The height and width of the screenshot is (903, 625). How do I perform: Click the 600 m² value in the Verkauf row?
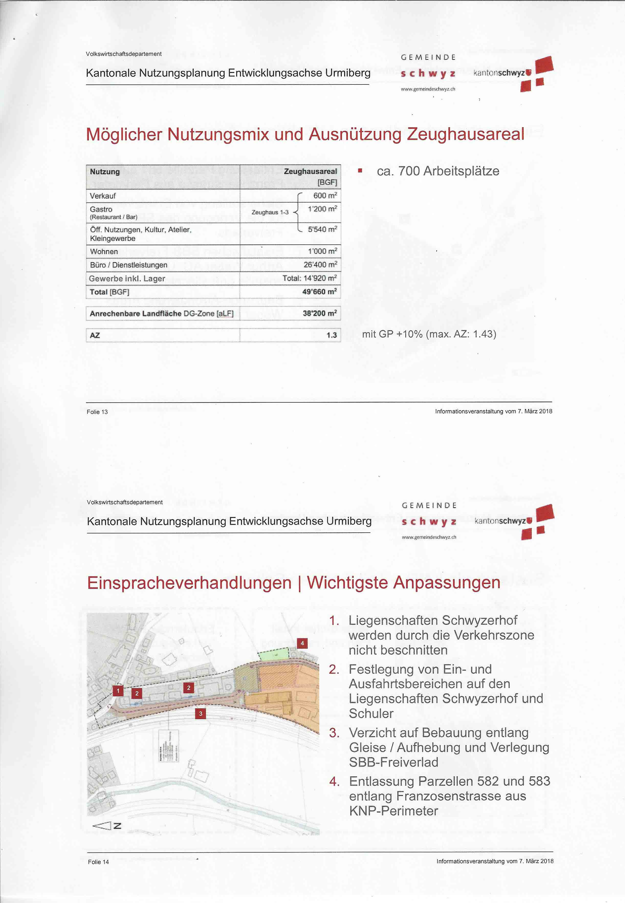(x=325, y=196)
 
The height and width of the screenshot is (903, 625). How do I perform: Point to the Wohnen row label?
(x=104, y=252)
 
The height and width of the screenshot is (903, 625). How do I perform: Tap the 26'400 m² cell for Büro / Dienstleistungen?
(x=320, y=265)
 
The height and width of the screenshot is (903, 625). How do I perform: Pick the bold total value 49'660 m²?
(x=319, y=292)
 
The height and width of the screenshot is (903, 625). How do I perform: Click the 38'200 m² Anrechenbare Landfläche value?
(x=320, y=313)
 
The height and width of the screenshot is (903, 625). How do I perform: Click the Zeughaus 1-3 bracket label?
(x=270, y=212)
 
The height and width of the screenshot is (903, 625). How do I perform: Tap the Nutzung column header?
(x=105, y=171)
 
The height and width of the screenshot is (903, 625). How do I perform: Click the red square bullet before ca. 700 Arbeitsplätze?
(x=360, y=170)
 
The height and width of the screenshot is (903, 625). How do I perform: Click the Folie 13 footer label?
(x=97, y=412)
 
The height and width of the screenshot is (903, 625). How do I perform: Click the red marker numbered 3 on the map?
(x=201, y=713)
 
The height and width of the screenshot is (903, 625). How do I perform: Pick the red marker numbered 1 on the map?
(x=118, y=691)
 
